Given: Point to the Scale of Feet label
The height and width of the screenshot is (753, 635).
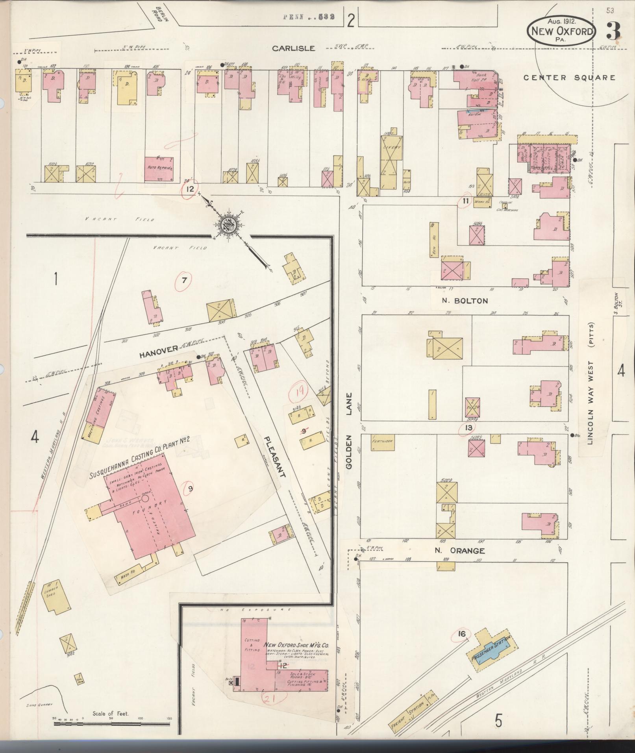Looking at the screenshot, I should [x=111, y=714].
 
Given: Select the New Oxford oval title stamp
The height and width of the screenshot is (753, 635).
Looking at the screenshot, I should [x=562, y=31].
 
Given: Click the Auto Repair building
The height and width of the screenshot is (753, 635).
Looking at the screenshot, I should [x=160, y=168].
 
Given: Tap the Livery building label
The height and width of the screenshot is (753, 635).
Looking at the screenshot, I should [x=392, y=148].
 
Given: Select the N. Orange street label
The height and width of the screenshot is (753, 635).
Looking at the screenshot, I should [x=459, y=551].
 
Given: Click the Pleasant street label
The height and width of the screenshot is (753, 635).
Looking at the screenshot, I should [x=275, y=457].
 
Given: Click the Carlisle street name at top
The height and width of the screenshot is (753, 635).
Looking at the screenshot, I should [x=294, y=48].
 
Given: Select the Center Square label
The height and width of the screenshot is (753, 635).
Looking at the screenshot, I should [x=569, y=78].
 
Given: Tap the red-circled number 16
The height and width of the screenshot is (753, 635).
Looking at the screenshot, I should [x=462, y=634].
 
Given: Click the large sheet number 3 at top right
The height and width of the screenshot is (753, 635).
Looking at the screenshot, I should [x=613, y=31].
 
